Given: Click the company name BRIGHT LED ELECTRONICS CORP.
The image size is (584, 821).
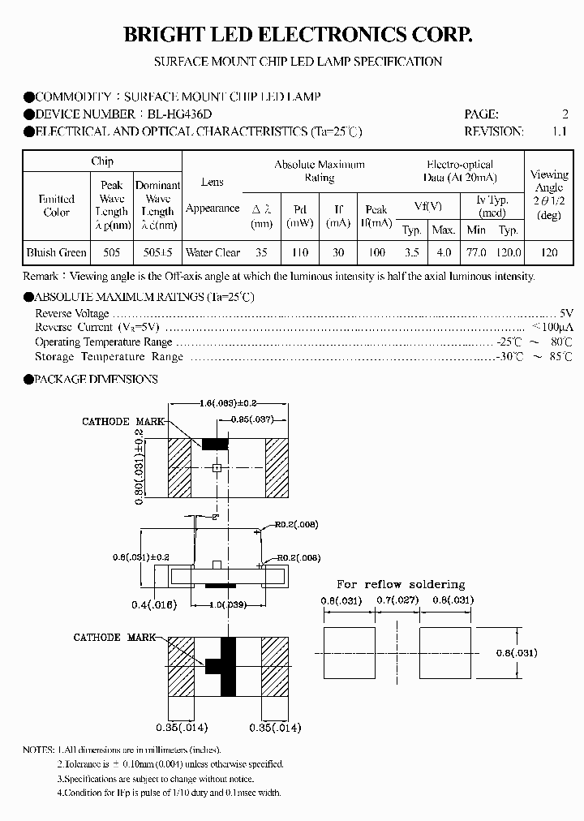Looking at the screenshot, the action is pos(297,34).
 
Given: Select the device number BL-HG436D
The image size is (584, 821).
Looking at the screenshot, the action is pos(186,114).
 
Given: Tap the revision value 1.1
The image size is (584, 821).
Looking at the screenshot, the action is pos(559,131).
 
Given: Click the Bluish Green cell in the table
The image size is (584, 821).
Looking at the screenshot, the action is pos(56,253).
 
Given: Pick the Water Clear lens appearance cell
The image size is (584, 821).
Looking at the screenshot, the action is pos(213,253).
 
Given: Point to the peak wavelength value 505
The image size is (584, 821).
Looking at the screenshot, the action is pos(111,253).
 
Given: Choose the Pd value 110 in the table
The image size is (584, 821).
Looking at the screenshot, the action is pos(300,253).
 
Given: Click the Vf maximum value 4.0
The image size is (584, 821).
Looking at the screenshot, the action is pos(443,253).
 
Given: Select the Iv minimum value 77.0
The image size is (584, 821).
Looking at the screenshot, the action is pos(476,253).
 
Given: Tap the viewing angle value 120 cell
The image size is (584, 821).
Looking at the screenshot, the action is pos(549,253).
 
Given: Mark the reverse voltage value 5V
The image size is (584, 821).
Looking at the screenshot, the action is pos(566,313).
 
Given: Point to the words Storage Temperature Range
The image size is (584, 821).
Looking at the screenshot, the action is pos(109,357).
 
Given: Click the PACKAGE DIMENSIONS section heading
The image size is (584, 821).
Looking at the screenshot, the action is pos(97,379).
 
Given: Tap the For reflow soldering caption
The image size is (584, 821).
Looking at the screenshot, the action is pos(401,584).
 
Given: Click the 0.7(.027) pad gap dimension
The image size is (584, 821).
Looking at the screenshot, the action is pos(397,600).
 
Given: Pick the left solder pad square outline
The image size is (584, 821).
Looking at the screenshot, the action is pos(350,652).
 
